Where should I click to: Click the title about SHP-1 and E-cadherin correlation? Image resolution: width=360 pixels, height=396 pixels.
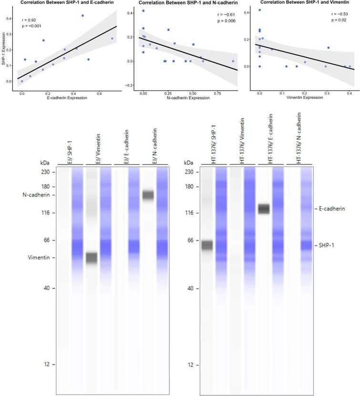click(67, 2)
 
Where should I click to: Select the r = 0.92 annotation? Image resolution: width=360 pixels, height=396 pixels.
click(29, 20)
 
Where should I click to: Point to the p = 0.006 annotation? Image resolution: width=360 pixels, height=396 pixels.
click(226, 21)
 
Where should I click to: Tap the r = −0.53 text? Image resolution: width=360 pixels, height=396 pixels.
click(339, 14)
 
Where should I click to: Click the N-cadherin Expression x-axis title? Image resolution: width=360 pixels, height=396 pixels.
click(188, 98)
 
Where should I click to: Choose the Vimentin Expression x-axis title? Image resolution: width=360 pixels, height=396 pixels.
click(305, 97)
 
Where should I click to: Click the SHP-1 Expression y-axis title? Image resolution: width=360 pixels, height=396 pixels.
click(3, 49)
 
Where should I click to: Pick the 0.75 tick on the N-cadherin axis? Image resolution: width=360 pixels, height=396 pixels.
click(217, 94)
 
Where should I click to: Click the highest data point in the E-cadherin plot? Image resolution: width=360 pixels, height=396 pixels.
click(82, 16)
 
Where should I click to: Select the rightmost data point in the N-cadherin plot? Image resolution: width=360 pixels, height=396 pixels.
click(233, 61)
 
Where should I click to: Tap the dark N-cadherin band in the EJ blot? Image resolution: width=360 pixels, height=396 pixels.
click(148, 195)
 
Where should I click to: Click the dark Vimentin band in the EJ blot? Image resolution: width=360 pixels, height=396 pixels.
click(92, 258)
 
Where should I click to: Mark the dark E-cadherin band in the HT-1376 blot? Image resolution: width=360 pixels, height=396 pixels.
click(264, 209)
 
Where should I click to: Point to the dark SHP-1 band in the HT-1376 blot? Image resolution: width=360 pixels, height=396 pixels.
click(207, 245)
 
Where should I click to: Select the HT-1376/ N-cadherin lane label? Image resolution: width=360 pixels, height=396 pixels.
click(298, 138)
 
